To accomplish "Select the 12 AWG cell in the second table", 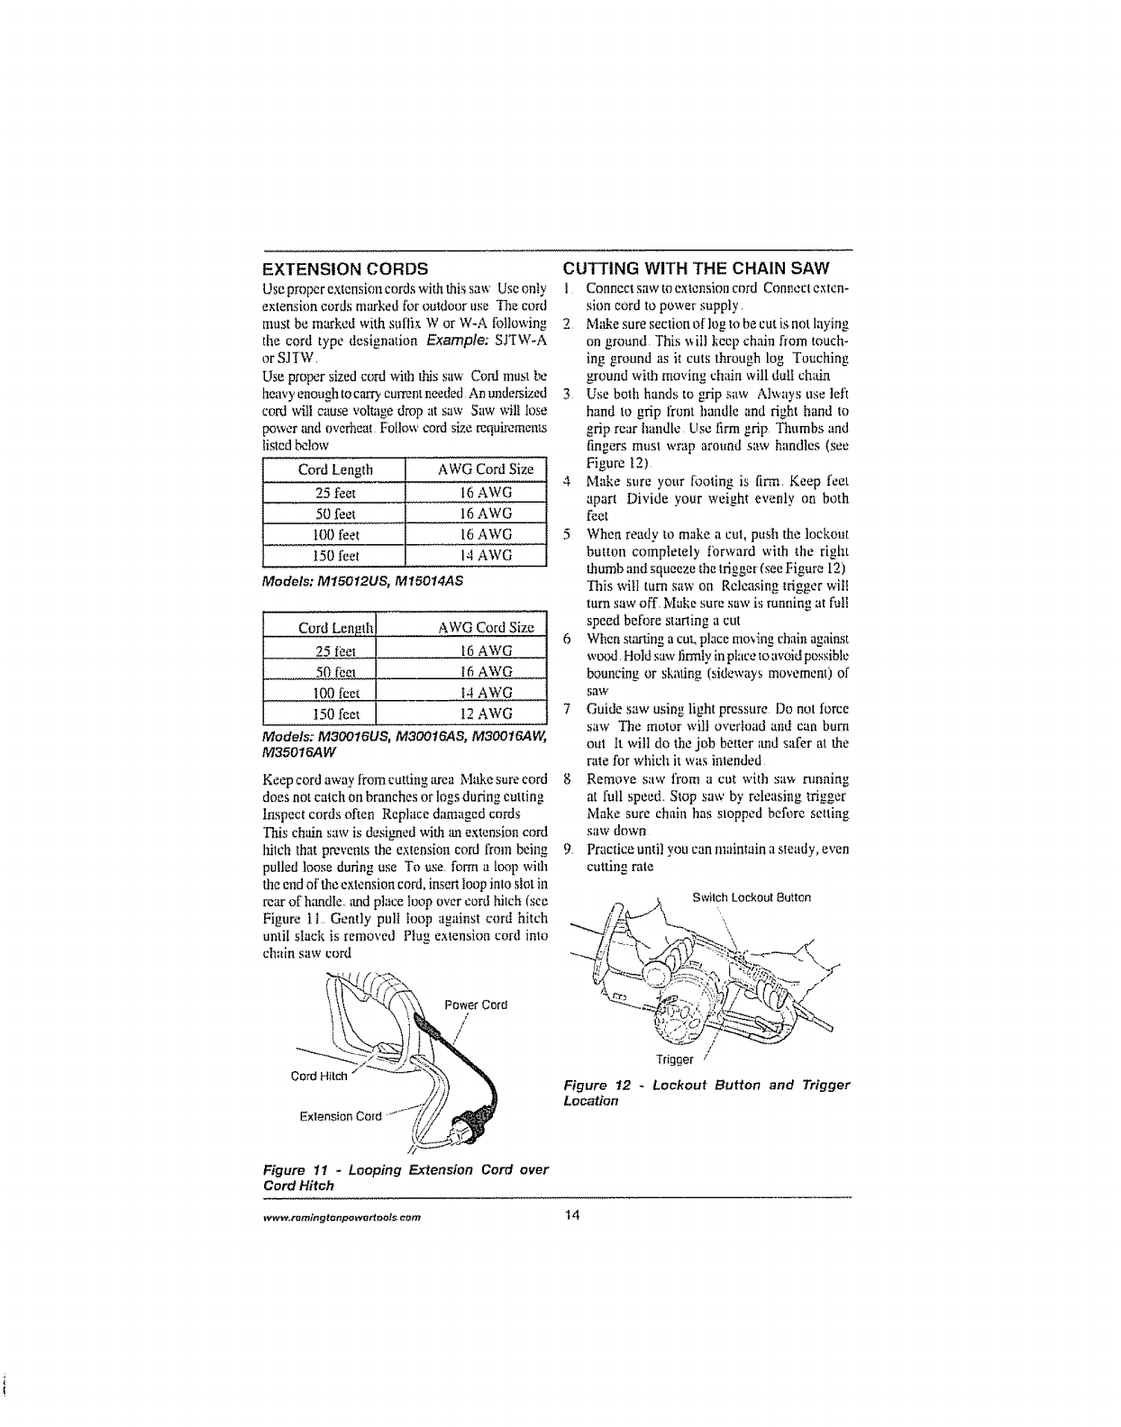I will pyautogui.click(x=475, y=713).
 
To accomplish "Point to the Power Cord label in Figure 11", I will pyautogui.click(x=477, y=1004).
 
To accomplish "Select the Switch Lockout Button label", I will pyautogui.click(x=752, y=897).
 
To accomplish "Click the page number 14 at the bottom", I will pyautogui.click(x=570, y=1215).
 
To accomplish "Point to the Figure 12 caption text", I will pyautogui.click(x=706, y=1092).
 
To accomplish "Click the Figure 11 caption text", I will pyautogui.click(x=405, y=1177).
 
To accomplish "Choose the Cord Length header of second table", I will pyautogui.click(x=334, y=627).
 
